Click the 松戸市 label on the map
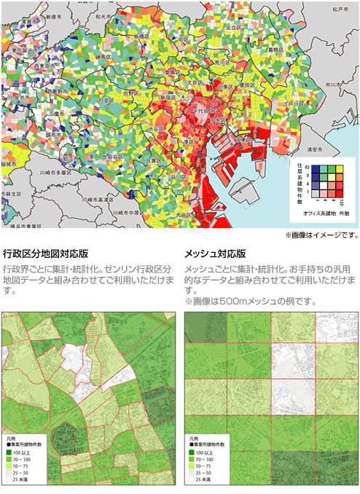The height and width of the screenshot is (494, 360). [334, 9]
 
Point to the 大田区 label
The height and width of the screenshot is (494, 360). [181, 215]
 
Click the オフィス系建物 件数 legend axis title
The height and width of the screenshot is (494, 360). [324, 212]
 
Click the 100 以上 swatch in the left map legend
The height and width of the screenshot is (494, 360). [9, 452]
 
